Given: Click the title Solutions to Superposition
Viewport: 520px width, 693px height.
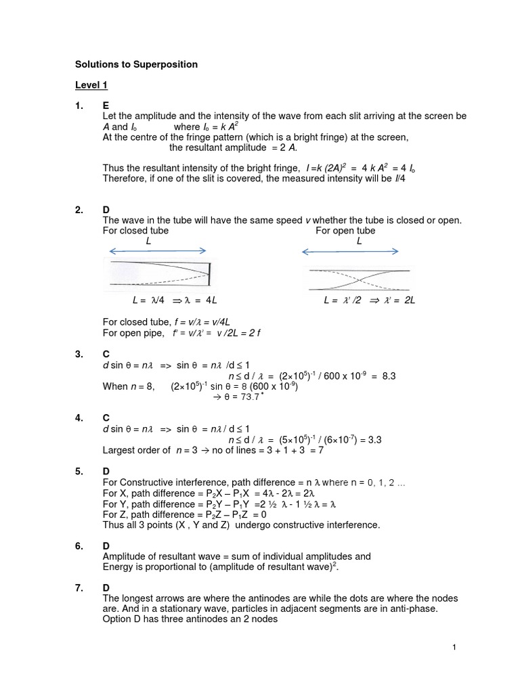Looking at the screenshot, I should click(x=136, y=64).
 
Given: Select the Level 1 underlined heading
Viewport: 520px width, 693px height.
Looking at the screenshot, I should click(x=91, y=85).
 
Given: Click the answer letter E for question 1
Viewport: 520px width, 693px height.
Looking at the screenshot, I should click(x=106, y=106).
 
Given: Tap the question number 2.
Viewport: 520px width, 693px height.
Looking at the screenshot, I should click(x=79, y=210).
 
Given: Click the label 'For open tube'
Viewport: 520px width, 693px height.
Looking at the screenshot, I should click(x=345, y=231).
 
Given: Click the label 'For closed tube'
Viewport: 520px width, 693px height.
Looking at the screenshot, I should click(x=135, y=231).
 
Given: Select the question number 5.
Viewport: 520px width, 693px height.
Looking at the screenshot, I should click(x=79, y=471).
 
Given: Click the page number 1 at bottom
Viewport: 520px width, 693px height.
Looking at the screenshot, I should click(x=454, y=648).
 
